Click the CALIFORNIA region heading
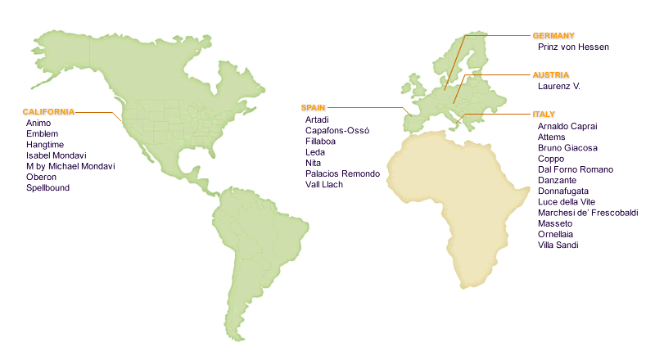[x=48, y=111]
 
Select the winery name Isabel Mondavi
[x=56, y=155]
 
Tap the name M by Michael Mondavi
[x=70, y=166]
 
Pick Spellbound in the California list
[x=47, y=188]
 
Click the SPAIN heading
[x=314, y=108]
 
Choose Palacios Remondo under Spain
[x=342, y=174]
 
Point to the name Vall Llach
[x=323, y=185]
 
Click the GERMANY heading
[x=553, y=36]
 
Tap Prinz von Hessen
[x=573, y=47]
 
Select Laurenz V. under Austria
[x=558, y=86]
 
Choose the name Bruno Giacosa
[x=567, y=149]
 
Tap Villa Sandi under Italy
[x=559, y=245]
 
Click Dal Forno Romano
[x=576, y=170]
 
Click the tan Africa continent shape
[x=442, y=196]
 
